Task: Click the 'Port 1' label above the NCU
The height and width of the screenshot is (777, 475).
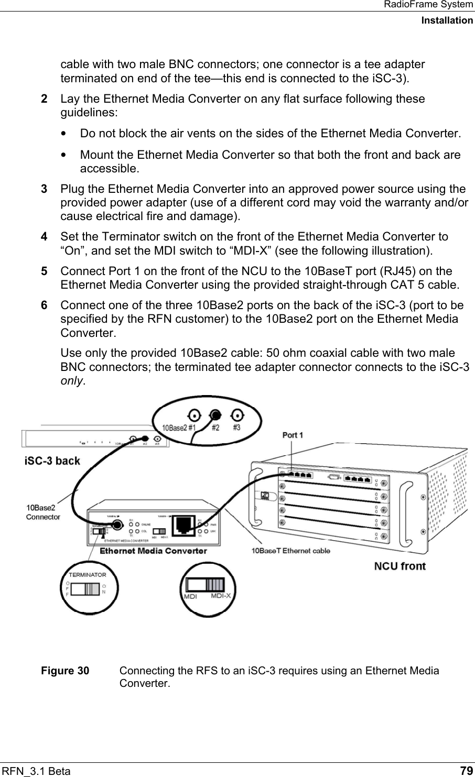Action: [293, 435]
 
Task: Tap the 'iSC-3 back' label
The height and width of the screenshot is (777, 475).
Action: [52, 461]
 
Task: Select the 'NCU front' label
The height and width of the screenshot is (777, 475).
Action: [400, 566]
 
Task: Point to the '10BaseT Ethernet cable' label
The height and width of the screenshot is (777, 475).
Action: [291, 551]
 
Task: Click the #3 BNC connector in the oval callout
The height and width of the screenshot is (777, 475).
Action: [237, 416]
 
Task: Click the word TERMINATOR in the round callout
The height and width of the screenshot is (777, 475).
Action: [88, 575]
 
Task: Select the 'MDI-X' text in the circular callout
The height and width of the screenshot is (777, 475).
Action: [224, 596]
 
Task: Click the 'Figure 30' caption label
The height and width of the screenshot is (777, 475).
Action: [65, 671]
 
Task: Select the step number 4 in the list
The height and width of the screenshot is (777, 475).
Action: [45, 237]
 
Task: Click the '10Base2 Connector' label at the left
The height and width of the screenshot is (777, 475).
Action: [43, 512]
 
